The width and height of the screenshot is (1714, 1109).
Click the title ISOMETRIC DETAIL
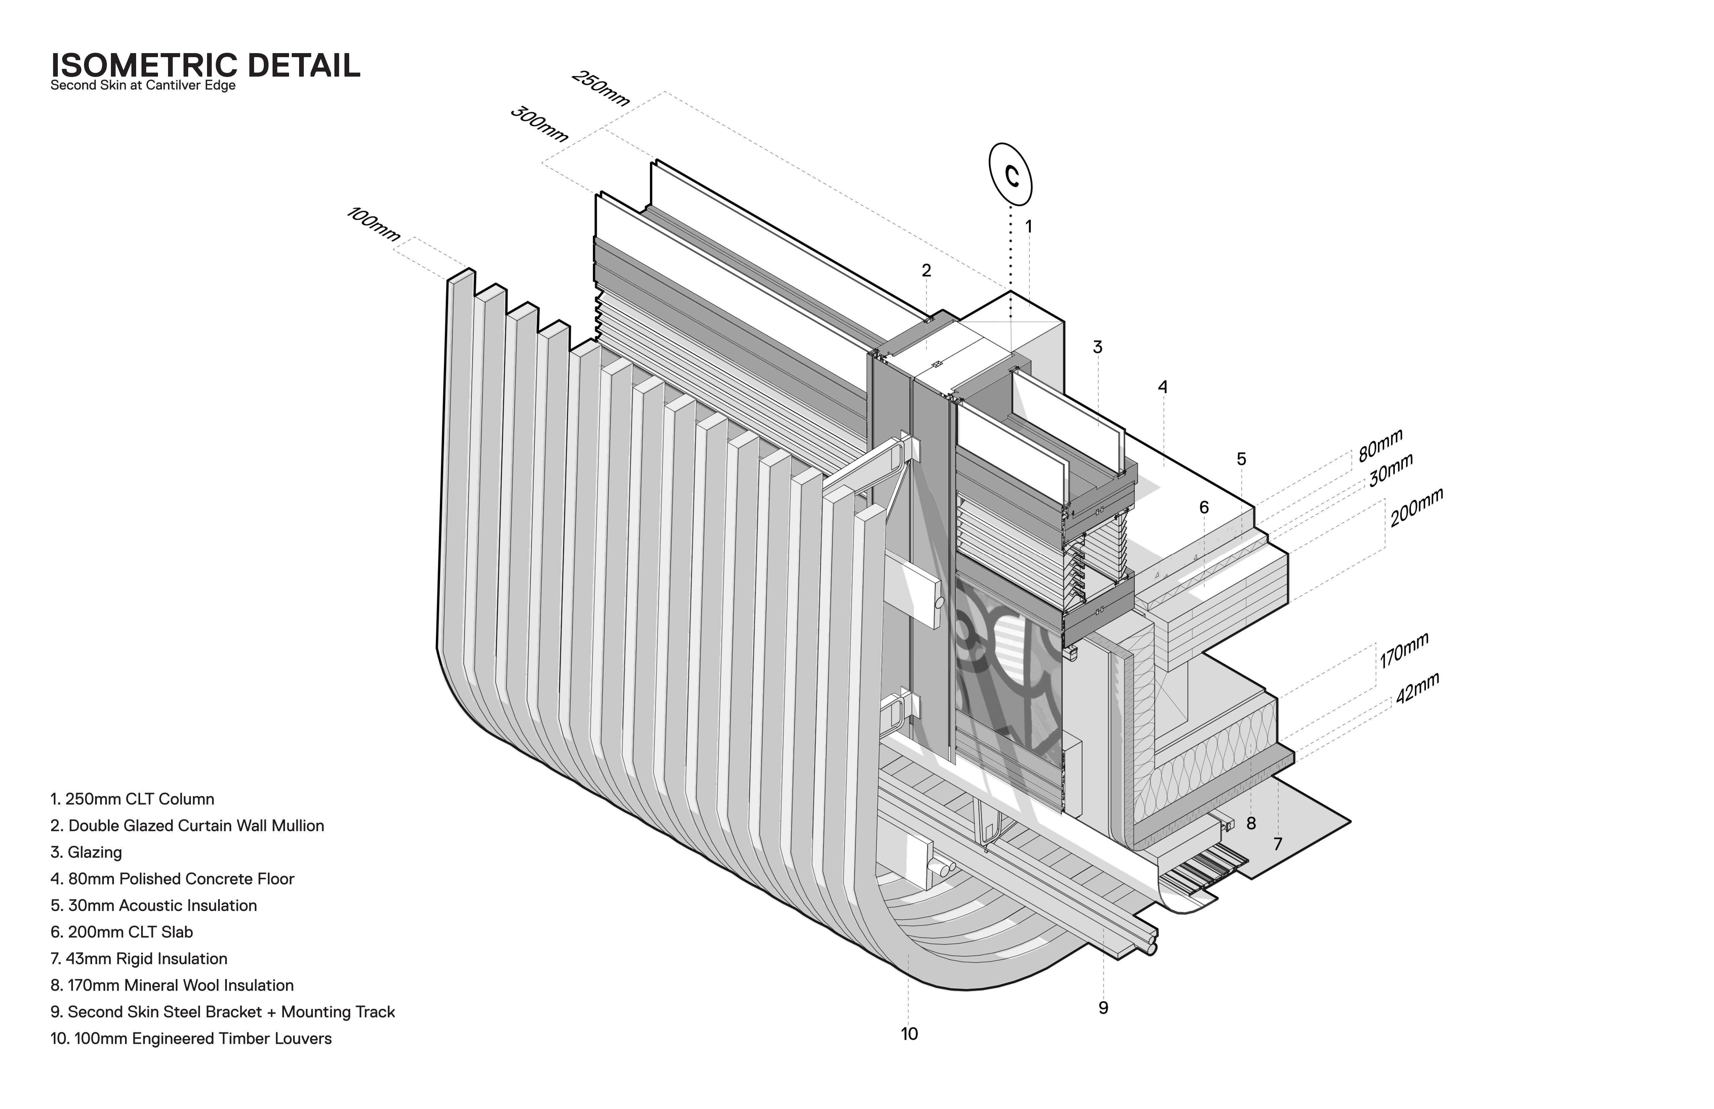coord(205,66)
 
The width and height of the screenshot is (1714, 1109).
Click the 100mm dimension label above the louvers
coord(373,224)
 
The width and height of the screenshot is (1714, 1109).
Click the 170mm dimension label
coord(1403,650)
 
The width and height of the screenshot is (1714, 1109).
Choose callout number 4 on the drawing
coord(1162,387)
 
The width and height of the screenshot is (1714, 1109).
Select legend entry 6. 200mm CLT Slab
coord(122,932)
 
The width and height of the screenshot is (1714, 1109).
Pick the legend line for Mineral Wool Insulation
coord(172,985)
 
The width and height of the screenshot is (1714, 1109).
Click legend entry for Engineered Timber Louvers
coord(191,1038)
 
